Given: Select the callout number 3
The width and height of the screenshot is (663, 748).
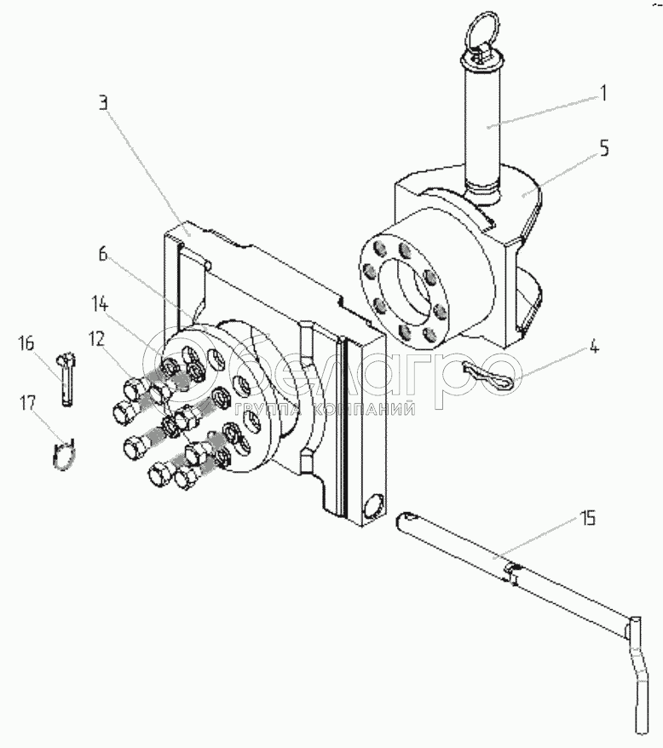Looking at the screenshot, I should [x=102, y=105].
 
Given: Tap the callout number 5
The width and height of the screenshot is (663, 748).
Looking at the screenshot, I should [x=603, y=147].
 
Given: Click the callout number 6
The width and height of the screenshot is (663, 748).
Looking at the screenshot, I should [x=102, y=254].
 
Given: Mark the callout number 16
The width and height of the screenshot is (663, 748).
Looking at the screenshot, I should [x=26, y=343].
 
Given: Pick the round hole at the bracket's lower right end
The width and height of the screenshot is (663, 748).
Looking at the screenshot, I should [x=373, y=509].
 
